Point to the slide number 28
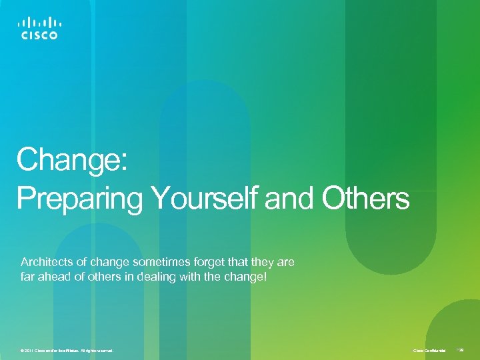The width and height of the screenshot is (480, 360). click(461, 349)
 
